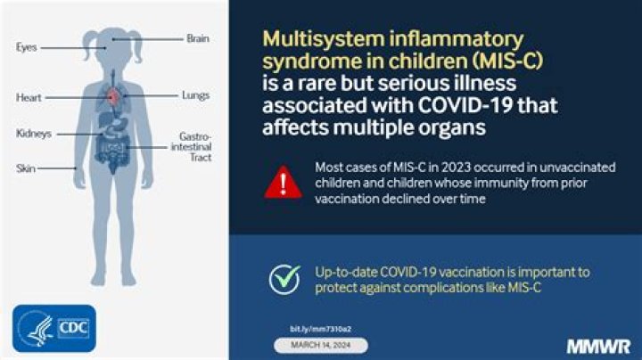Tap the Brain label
click(x=197, y=38)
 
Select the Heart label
click(x=29, y=97)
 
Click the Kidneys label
click(x=33, y=134)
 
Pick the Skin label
click(x=25, y=168)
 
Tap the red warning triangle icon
click(x=283, y=182)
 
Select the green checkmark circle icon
click(x=284, y=279)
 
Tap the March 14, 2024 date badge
click(x=319, y=345)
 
